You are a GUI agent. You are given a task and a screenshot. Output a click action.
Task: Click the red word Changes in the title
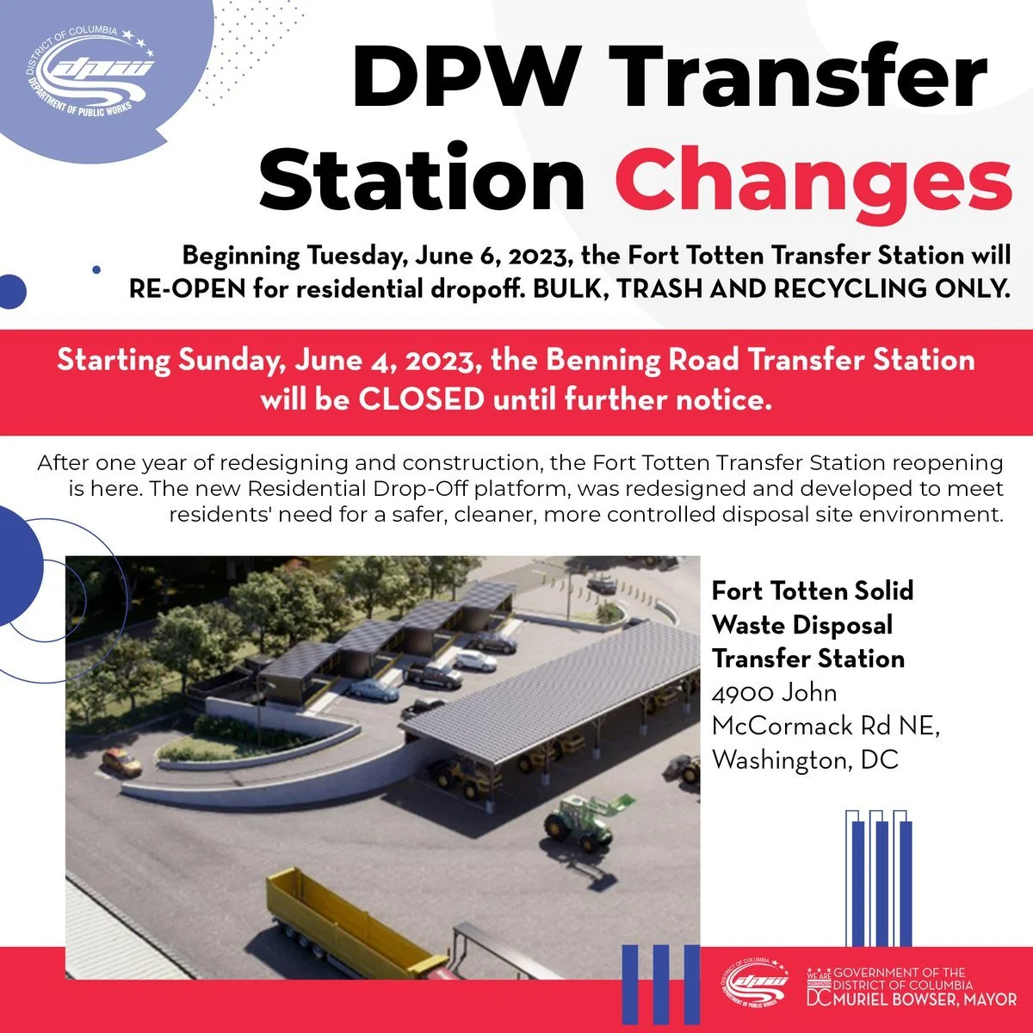tap(813, 180)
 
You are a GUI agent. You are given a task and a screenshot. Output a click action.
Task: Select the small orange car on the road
tap(121, 761)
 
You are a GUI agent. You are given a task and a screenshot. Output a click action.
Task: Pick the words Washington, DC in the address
tap(805, 760)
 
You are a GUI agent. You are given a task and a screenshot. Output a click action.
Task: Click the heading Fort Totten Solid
tap(812, 591)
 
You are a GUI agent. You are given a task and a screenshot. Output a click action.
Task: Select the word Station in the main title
tap(422, 180)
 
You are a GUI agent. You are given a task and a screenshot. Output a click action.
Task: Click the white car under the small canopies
tap(474, 660)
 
